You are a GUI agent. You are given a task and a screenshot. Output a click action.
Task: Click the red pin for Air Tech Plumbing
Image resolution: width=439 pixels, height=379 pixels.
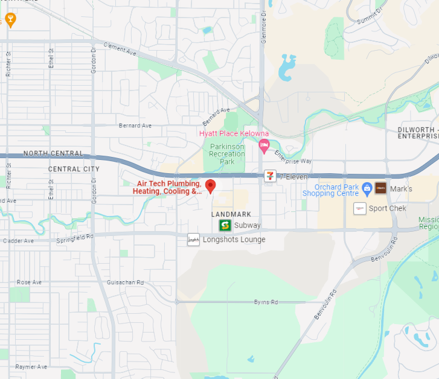(210, 186)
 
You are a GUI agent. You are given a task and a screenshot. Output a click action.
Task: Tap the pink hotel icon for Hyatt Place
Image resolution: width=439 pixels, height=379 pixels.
(264, 145)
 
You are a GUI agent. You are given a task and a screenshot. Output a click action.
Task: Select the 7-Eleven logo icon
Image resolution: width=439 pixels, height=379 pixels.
(270, 176)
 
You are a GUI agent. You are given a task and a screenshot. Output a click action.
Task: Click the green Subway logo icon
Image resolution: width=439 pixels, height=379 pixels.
(225, 225)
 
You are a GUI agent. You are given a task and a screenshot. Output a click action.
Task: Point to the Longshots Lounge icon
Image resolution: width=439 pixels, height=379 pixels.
(193, 240)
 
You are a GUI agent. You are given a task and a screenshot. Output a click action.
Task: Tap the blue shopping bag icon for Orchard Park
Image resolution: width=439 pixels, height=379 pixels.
(367, 189)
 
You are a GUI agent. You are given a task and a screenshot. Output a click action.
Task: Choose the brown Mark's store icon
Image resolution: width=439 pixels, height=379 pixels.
(380, 188)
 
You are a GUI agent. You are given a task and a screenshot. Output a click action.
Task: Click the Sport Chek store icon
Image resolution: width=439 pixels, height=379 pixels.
(360, 208)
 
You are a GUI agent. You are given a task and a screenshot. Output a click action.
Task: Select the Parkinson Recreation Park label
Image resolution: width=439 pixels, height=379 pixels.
(227, 154)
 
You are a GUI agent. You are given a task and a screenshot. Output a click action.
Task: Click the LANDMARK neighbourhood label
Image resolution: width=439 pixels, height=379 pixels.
(231, 214)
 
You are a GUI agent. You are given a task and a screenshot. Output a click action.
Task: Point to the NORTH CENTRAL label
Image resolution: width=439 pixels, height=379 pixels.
(53, 154)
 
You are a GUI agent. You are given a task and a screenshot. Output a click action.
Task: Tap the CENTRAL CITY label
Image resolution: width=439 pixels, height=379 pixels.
(73, 169)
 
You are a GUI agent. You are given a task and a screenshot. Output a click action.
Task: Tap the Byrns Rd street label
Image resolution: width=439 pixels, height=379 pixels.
(266, 302)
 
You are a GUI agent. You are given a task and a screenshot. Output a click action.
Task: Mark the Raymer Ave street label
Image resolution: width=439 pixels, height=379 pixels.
(31, 367)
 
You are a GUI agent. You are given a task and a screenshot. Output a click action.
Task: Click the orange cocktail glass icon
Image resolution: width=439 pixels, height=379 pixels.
(10, 21)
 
